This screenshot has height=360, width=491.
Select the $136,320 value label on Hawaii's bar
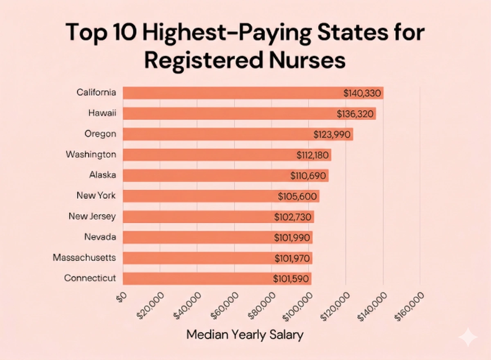click(355, 114)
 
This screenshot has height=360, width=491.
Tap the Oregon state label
click(100, 134)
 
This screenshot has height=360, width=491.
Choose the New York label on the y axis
click(96, 196)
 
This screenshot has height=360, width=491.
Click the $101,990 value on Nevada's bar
click(292, 238)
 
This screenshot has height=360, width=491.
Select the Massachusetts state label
click(84, 258)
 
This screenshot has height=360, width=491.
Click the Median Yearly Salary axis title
click(245, 335)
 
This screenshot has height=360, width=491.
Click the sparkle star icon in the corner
click(468, 338)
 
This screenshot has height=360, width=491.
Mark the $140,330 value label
click(363, 93)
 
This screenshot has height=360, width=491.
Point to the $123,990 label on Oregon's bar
click(332, 134)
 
